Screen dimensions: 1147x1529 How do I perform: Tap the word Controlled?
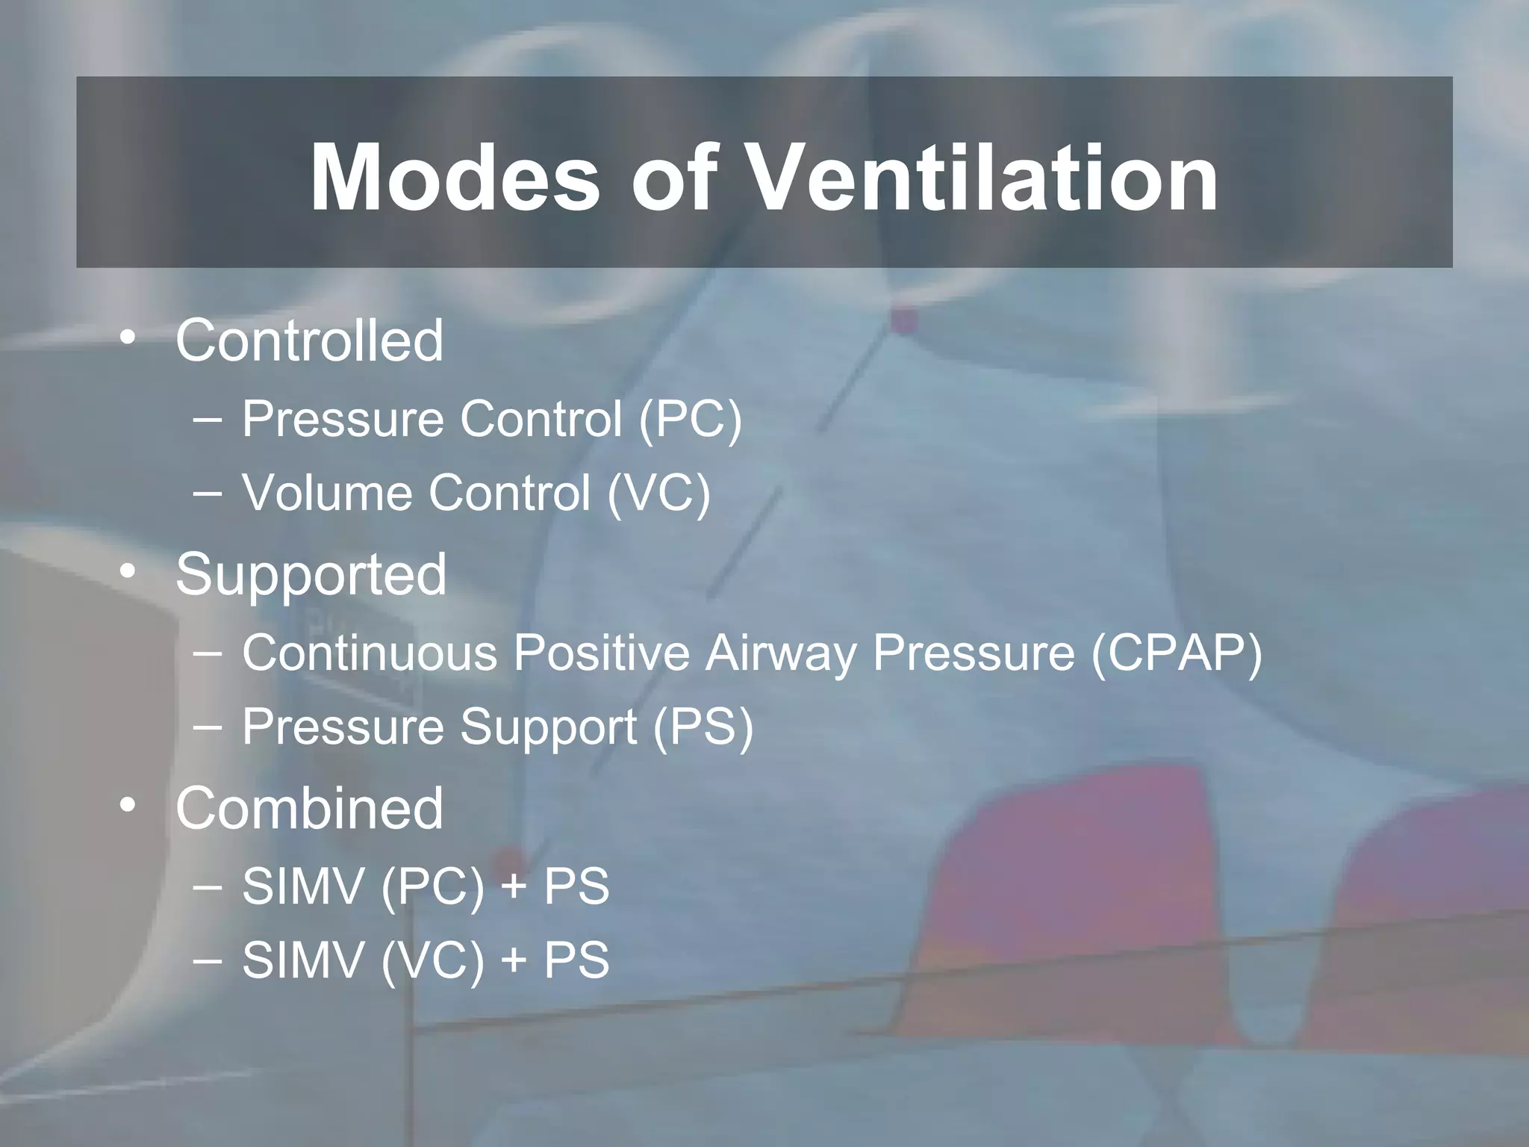(x=309, y=341)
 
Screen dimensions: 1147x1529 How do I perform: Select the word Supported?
(x=311, y=574)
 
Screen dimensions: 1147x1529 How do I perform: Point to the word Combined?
(x=309, y=808)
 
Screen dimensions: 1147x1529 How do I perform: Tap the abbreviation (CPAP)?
(x=1177, y=653)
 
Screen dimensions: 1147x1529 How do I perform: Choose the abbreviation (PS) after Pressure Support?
(x=703, y=727)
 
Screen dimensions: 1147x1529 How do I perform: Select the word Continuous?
(x=370, y=653)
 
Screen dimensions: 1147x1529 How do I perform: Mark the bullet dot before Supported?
(x=128, y=571)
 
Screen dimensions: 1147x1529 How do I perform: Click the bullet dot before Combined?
(x=128, y=805)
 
